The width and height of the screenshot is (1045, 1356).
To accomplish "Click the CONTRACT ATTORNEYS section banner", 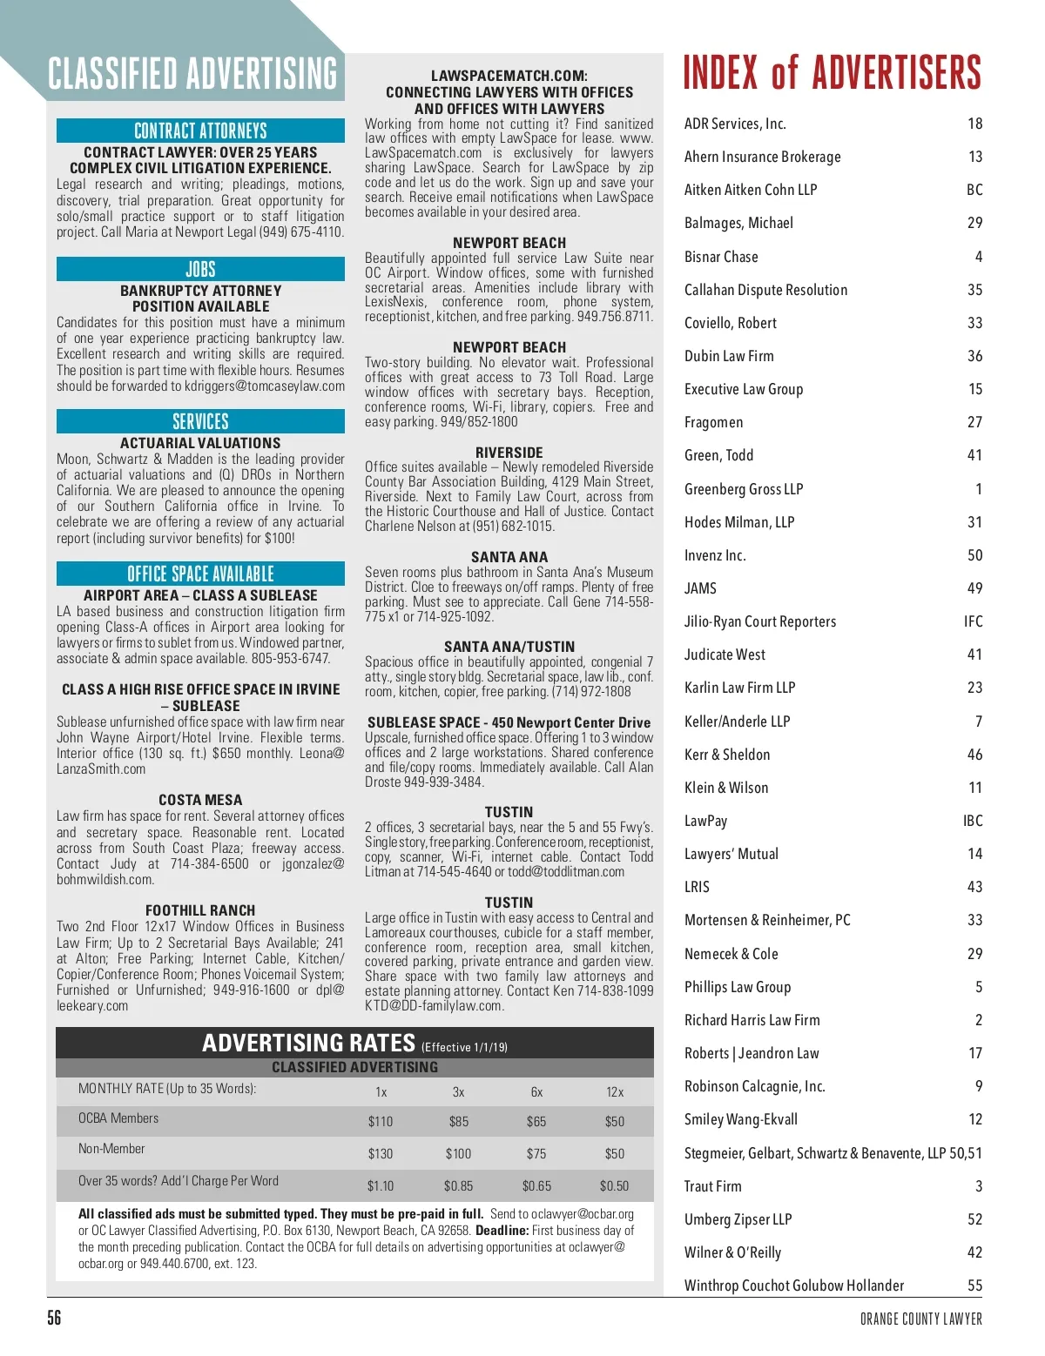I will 200,131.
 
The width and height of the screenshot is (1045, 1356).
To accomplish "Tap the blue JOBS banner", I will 200,269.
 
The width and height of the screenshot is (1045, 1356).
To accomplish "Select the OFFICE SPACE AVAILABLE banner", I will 200,574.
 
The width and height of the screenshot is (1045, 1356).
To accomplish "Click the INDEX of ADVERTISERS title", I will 832,73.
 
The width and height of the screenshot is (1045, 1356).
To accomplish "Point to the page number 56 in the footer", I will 54,1318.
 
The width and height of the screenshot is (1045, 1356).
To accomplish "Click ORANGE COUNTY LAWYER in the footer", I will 920,1319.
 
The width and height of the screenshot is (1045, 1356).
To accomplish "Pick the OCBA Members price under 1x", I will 381,1122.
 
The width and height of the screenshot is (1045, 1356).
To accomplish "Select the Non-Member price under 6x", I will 536,1154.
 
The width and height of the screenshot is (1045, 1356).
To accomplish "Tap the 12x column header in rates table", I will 615,1092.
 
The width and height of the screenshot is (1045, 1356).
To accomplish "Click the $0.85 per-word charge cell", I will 459,1186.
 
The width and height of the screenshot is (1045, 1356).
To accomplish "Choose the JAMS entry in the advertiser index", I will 700,588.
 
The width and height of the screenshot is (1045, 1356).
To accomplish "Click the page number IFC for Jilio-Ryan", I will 973,621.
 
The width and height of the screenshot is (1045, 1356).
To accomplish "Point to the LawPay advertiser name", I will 705,821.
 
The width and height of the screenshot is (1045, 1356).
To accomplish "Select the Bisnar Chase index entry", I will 721,257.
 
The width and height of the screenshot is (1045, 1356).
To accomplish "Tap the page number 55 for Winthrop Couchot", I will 974,1286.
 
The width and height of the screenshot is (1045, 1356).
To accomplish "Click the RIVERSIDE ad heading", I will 509,453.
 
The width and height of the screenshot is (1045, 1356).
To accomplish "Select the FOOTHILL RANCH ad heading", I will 200,910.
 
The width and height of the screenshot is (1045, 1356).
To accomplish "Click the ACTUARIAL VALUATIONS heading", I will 200,443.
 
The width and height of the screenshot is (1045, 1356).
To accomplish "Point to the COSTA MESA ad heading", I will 200,800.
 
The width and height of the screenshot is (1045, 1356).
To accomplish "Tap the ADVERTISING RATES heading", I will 308,1043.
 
